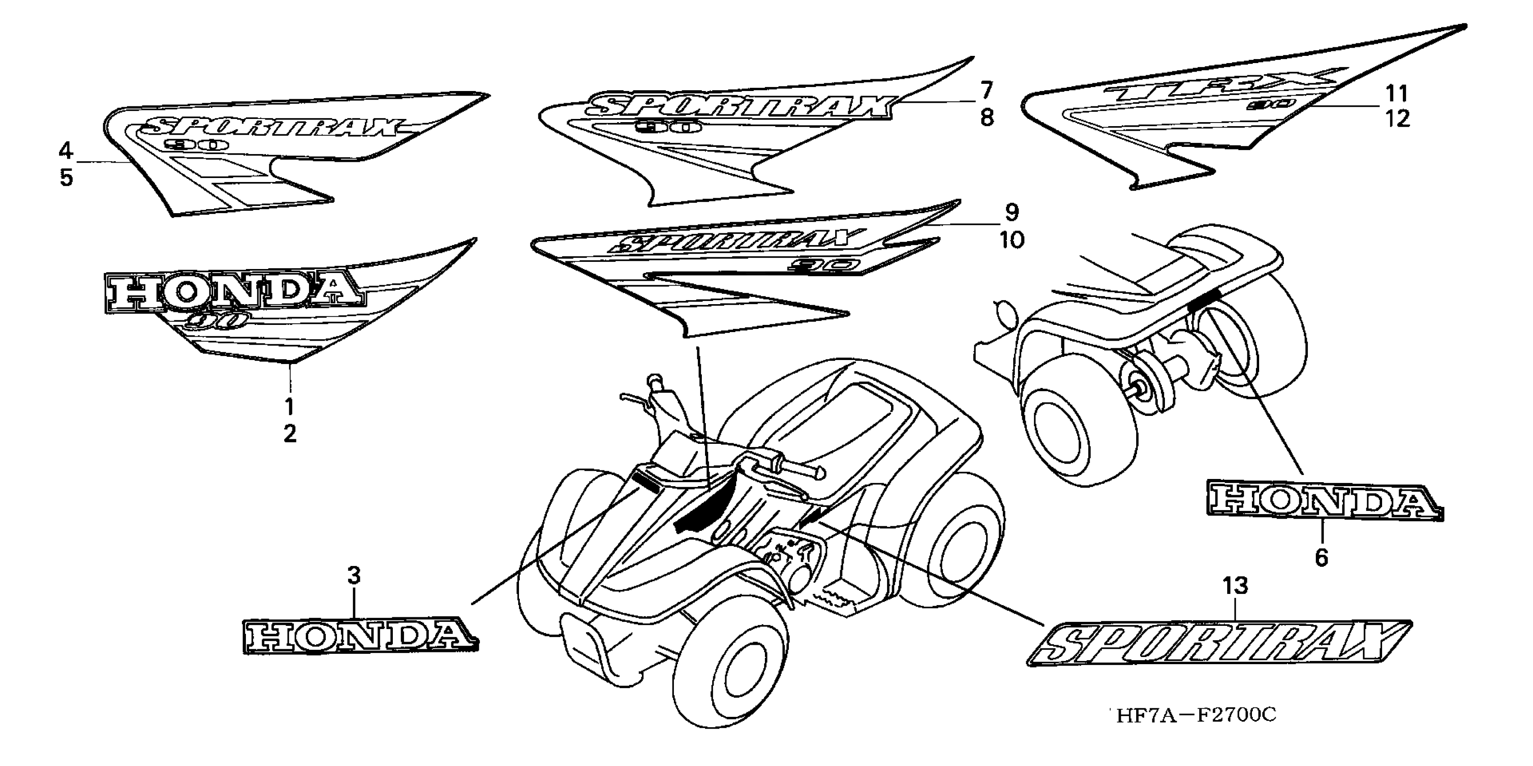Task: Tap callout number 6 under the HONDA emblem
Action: pyautogui.click(x=1321, y=558)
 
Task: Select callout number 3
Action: pyautogui.click(x=354, y=575)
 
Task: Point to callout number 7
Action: pyautogui.click(x=986, y=91)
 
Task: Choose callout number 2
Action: pyautogui.click(x=290, y=434)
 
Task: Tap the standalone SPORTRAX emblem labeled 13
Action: pyautogui.click(x=1220, y=643)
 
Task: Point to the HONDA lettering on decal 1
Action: pyautogui.click(x=232, y=293)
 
